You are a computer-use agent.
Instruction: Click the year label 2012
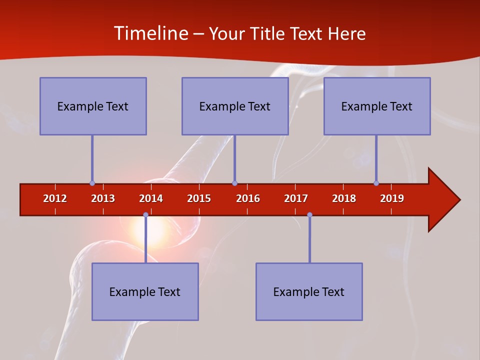tap(55, 198)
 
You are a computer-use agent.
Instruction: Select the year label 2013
tap(103, 198)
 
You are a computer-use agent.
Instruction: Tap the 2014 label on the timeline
tap(151, 198)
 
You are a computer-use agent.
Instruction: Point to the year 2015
tap(199, 198)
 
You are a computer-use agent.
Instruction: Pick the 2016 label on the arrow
tap(248, 198)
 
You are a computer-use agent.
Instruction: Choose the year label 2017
tap(296, 198)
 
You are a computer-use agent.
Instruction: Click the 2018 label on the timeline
tap(344, 198)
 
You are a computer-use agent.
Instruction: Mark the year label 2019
tap(392, 198)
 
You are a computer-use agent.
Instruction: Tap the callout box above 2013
tap(93, 106)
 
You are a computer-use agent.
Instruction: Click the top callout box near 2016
tap(235, 106)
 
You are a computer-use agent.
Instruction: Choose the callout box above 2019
tap(377, 106)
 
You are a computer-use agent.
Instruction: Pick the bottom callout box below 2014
tap(145, 291)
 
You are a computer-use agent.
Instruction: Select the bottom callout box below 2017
tap(309, 291)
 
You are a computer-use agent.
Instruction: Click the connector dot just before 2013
tap(92, 183)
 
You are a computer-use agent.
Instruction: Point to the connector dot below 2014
tap(145, 214)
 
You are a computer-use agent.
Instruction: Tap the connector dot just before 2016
tap(234, 183)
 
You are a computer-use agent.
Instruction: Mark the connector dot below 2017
tap(309, 214)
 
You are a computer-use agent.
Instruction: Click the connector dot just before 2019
tap(376, 183)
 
